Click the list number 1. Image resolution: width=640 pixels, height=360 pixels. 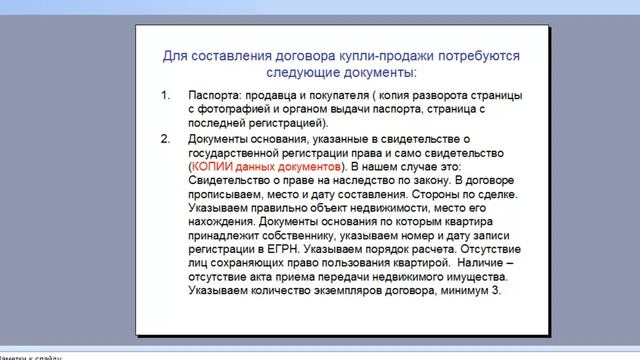166,97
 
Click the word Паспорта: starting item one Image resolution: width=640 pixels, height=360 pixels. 217,97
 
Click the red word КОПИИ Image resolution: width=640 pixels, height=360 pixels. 213,165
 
